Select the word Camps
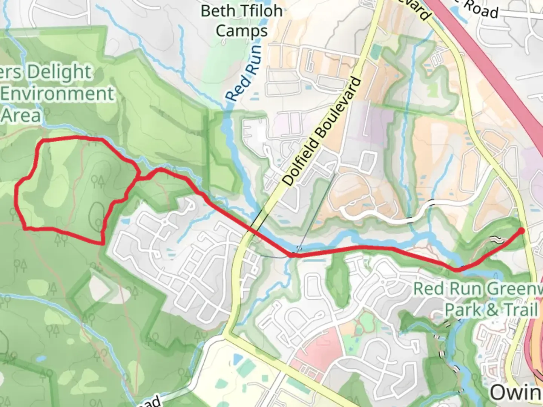coord(241,31)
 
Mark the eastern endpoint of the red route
coord(522,231)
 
